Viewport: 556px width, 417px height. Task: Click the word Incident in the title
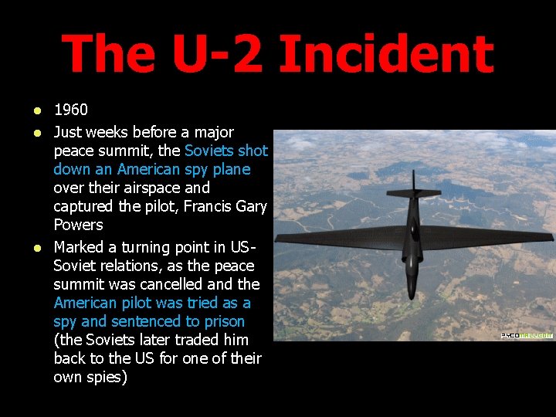[385, 55]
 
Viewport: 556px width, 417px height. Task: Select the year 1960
[71, 110]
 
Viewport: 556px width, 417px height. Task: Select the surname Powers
[78, 225]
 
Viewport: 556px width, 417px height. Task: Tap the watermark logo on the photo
[527, 335]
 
